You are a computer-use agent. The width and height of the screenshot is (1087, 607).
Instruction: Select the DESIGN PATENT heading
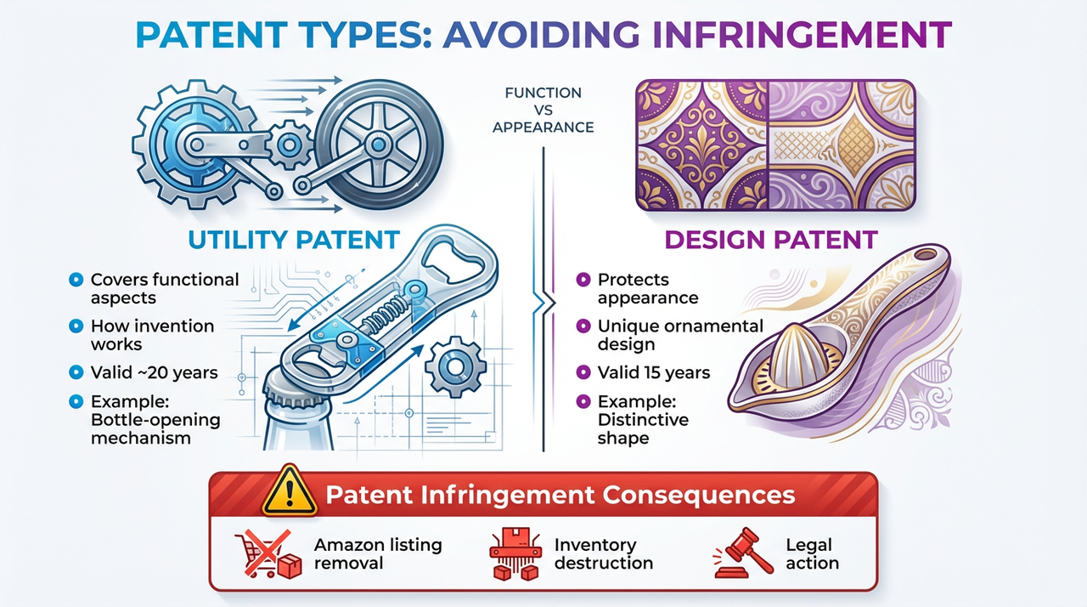click(x=770, y=240)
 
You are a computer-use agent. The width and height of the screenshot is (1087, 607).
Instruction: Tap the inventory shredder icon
click(x=515, y=553)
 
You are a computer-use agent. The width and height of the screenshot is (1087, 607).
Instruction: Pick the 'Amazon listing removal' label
click(x=378, y=553)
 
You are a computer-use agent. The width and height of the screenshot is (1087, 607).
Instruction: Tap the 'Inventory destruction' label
click(x=603, y=553)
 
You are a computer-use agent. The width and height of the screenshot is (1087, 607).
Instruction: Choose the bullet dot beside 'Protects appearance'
click(x=583, y=279)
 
